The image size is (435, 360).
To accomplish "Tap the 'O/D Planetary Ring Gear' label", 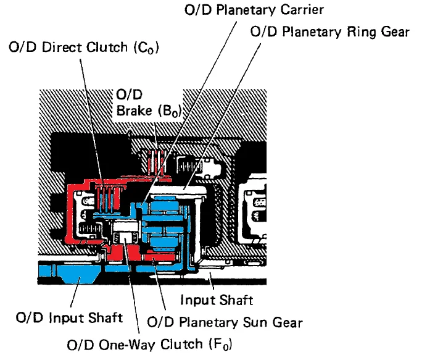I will tap(330, 32).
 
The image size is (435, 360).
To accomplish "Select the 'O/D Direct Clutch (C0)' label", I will tap(84, 48).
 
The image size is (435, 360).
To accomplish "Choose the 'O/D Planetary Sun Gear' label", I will tap(225, 322).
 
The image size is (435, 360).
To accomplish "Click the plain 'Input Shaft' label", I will tap(216, 301).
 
